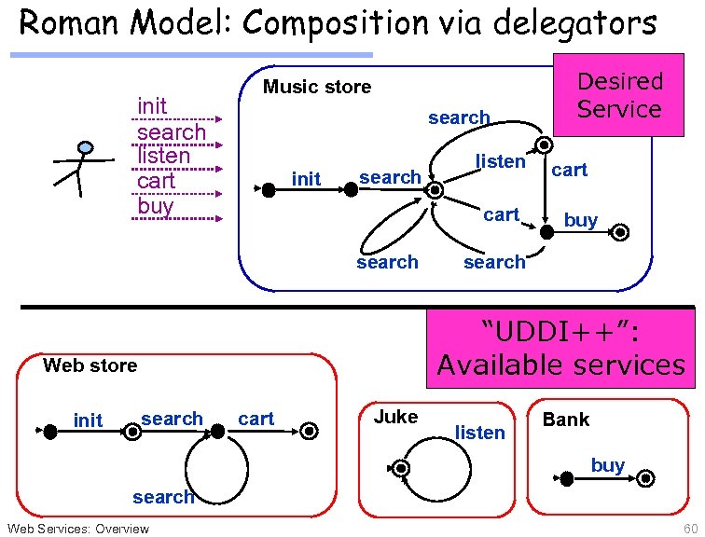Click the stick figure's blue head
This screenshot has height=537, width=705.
point(85,148)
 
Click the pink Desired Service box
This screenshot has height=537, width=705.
point(618,95)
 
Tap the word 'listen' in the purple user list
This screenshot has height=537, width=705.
point(163,156)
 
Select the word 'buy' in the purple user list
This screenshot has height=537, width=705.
point(155,205)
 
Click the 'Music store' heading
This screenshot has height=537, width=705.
point(316,88)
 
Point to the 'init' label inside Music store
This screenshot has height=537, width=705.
point(306,177)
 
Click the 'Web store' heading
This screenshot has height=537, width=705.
point(90,365)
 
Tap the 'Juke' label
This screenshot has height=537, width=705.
point(395,417)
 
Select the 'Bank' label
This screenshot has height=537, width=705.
point(566,420)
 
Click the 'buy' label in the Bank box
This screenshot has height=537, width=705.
point(607,464)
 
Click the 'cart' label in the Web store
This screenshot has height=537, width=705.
point(256,419)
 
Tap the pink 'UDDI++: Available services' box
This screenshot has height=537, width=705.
point(560,347)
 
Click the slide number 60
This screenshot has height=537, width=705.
point(689,529)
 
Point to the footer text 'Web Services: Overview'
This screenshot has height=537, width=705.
point(77,529)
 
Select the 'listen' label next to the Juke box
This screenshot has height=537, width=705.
point(479,432)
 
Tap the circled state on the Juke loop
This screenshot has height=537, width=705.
point(401,467)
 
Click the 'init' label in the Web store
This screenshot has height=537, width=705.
point(88,420)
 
